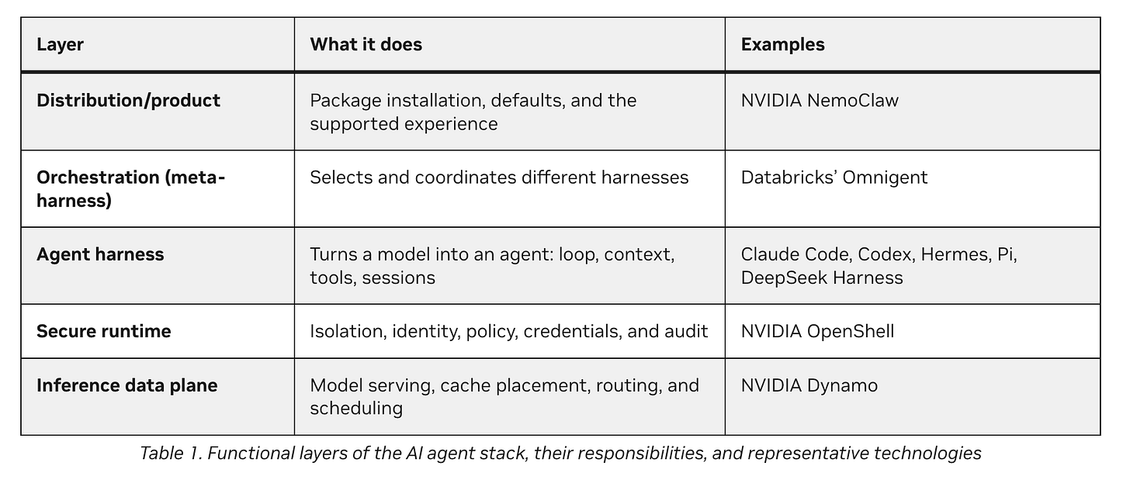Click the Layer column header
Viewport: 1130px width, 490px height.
tap(60, 45)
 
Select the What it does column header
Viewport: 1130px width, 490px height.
tap(366, 44)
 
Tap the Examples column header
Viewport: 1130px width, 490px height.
tap(782, 45)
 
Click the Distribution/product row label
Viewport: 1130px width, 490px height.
tap(128, 101)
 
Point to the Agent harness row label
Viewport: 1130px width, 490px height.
tap(100, 254)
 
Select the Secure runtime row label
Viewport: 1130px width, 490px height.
tap(103, 331)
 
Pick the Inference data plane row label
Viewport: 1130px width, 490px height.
tap(127, 385)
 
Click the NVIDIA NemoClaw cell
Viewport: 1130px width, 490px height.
tap(820, 101)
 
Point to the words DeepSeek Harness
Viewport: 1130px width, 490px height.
tap(822, 278)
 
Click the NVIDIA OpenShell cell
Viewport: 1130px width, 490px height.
tap(817, 331)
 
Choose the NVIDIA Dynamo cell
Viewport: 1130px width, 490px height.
tap(809, 385)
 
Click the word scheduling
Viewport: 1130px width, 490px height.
tap(356, 409)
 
